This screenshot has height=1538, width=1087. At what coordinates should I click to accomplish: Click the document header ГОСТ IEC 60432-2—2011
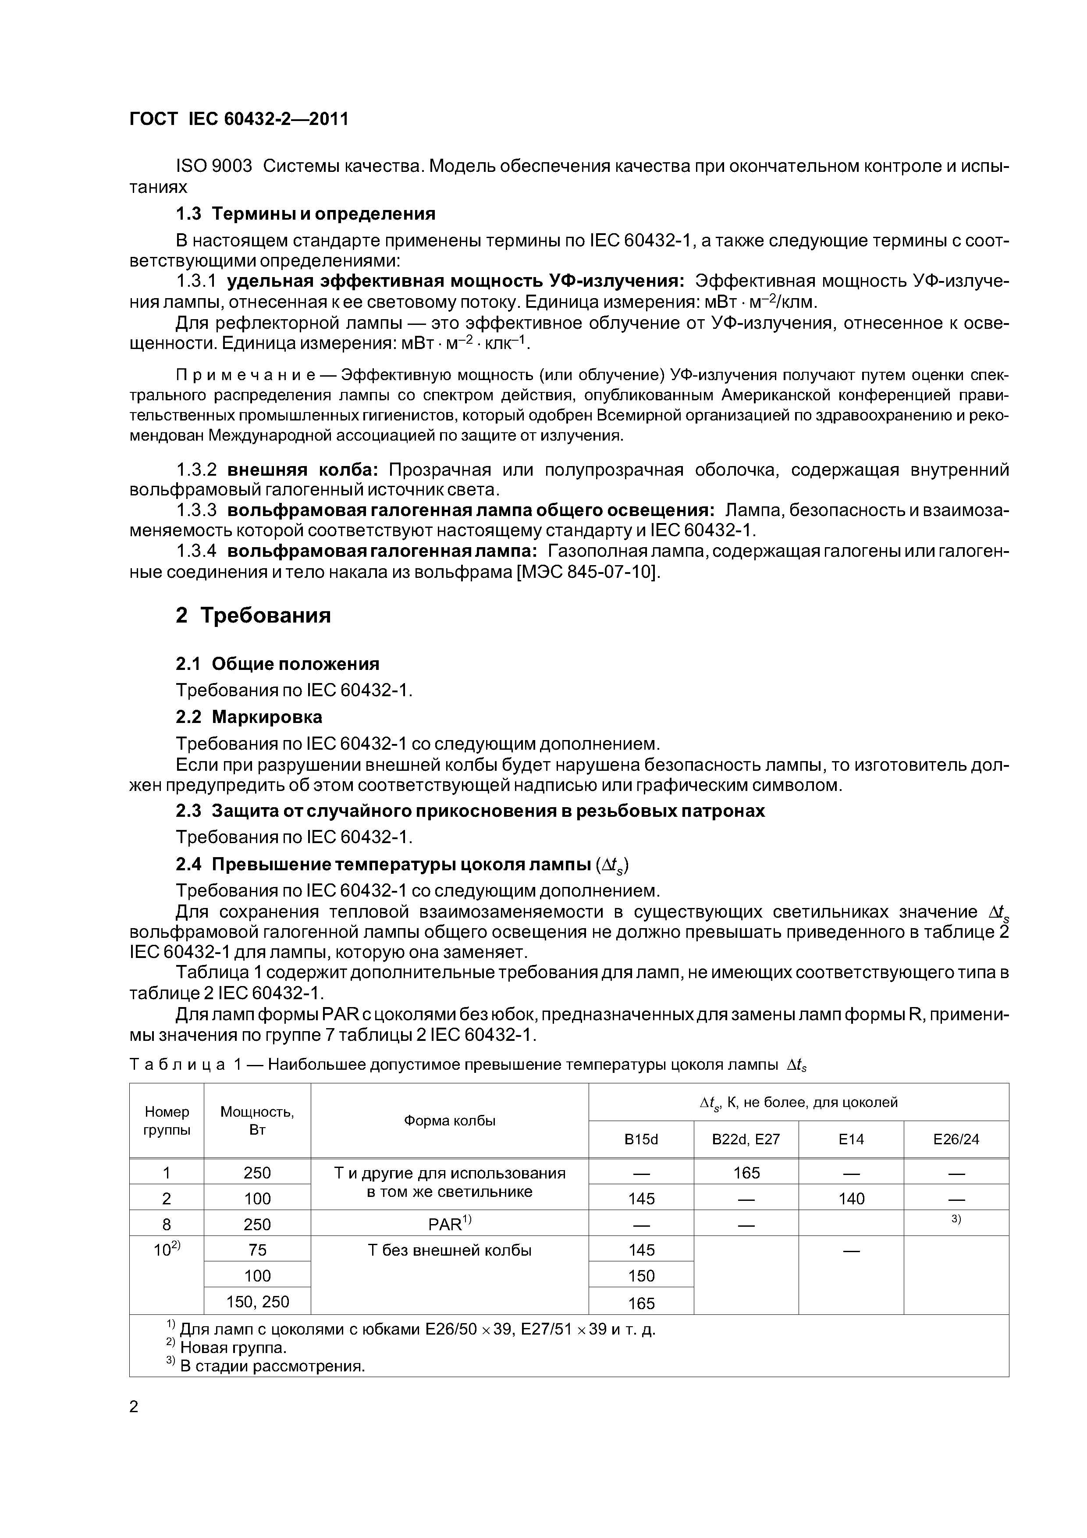click(238, 119)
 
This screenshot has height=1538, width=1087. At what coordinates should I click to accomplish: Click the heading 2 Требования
click(253, 615)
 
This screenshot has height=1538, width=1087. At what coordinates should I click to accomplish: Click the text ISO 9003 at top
click(213, 166)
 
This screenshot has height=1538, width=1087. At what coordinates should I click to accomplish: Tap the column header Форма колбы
click(449, 1121)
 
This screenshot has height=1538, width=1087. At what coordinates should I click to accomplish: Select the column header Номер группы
click(167, 1120)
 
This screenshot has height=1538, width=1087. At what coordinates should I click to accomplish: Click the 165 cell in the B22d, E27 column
click(746, 1172)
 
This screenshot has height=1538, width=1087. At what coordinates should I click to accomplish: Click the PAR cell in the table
click(449, 1225)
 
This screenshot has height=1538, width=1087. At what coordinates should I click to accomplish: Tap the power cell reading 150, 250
click(257, 1302)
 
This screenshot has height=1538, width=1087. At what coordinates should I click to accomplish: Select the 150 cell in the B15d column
click(641, 1275)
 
